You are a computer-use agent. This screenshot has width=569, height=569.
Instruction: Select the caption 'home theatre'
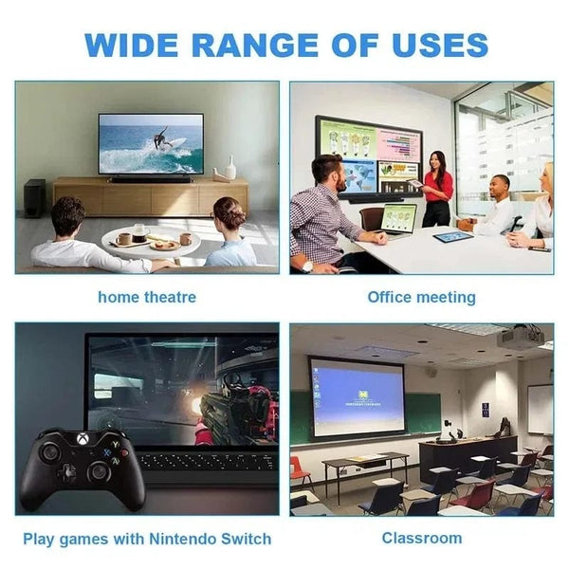click(147, 297)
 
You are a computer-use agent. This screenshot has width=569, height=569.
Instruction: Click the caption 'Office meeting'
click(421, 297)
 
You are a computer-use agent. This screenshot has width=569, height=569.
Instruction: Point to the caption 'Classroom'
click(422, 538)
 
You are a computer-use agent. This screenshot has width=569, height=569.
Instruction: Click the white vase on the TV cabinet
click(229, 171)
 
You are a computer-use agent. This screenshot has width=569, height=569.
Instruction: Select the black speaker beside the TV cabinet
click(34, 197)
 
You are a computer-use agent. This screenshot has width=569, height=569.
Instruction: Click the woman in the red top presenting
click(437, 188)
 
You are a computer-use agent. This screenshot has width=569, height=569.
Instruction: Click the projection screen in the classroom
click(358, 396)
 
